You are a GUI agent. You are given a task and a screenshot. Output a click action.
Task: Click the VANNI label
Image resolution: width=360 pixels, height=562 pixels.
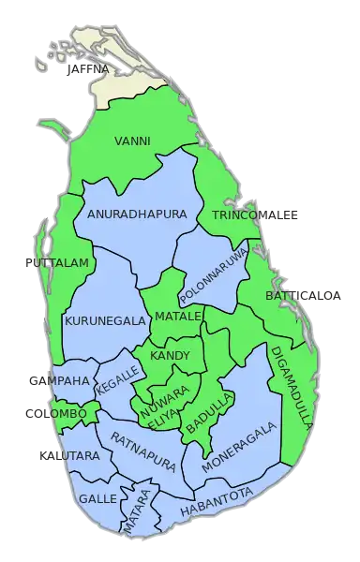pos(132,141)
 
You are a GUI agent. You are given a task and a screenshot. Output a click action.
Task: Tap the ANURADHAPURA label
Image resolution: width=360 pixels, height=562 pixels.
pos(137,214)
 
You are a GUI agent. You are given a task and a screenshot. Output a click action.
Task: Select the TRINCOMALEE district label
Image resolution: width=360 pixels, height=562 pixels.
pos(255,216)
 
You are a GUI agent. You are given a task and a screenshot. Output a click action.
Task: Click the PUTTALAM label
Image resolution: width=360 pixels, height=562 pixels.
pos(55,263)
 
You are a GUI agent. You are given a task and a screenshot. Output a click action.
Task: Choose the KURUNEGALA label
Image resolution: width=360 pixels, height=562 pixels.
pos(105,320)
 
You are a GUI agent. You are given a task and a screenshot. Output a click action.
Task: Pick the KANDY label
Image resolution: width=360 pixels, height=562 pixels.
pos(170,356)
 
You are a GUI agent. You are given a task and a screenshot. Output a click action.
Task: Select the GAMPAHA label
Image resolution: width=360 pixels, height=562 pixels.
pos(55,381)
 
